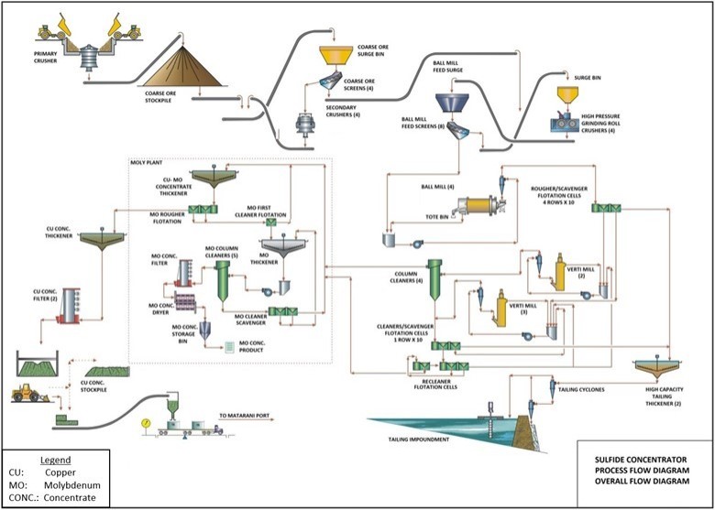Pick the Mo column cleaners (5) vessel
click(222, 280)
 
